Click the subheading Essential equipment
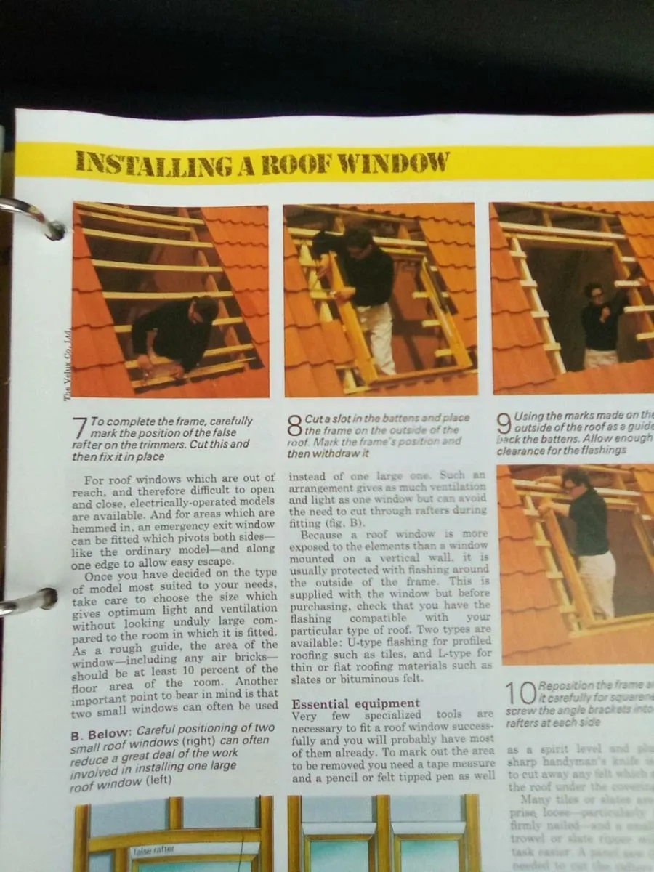[355, 703]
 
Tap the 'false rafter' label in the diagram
[153, 849]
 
